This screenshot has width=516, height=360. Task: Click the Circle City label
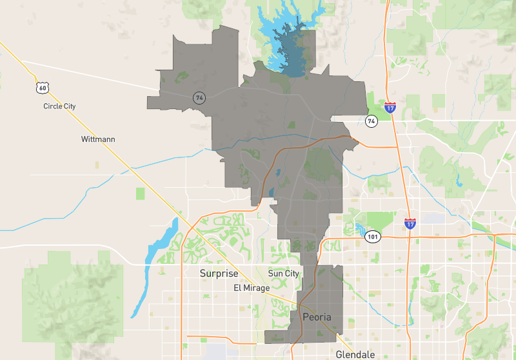[59, 106]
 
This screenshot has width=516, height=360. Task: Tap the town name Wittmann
[98, 139]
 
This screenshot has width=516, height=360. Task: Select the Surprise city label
[219, 274]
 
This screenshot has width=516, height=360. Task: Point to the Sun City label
[283, 274]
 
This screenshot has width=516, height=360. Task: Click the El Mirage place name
[252, 288]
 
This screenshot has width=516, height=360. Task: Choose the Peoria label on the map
[317, 317]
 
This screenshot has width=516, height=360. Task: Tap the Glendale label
[354, 354]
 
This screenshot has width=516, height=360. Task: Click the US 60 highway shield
[42, 87]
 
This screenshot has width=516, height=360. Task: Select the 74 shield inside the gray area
[199, 97]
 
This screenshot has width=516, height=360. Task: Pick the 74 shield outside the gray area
[371, 121]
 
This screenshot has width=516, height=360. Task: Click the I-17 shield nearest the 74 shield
[390, 107]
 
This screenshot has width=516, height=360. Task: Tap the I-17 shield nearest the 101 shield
[411, 224]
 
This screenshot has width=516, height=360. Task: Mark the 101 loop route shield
[373, 237]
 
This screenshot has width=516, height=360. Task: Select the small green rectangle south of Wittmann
[140, 193]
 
